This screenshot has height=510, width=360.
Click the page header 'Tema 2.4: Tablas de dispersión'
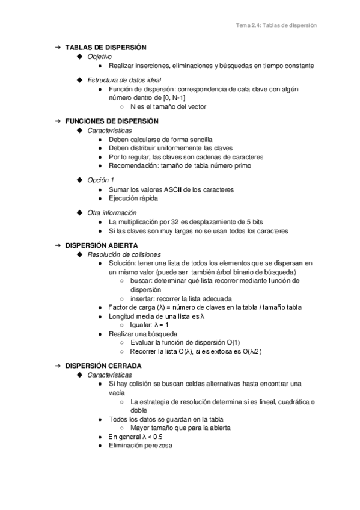(x=276, y=26)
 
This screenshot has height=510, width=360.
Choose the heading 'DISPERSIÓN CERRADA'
(x=103, y=366)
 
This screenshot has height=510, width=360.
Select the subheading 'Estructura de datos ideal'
(x=124, y=79)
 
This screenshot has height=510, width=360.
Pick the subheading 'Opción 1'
(x=100, y=180)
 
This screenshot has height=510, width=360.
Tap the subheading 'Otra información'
(x=112, y=212)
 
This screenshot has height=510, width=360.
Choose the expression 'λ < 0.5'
(x=152, y=437)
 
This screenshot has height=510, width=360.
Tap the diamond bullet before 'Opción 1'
(x=80, y=180)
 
